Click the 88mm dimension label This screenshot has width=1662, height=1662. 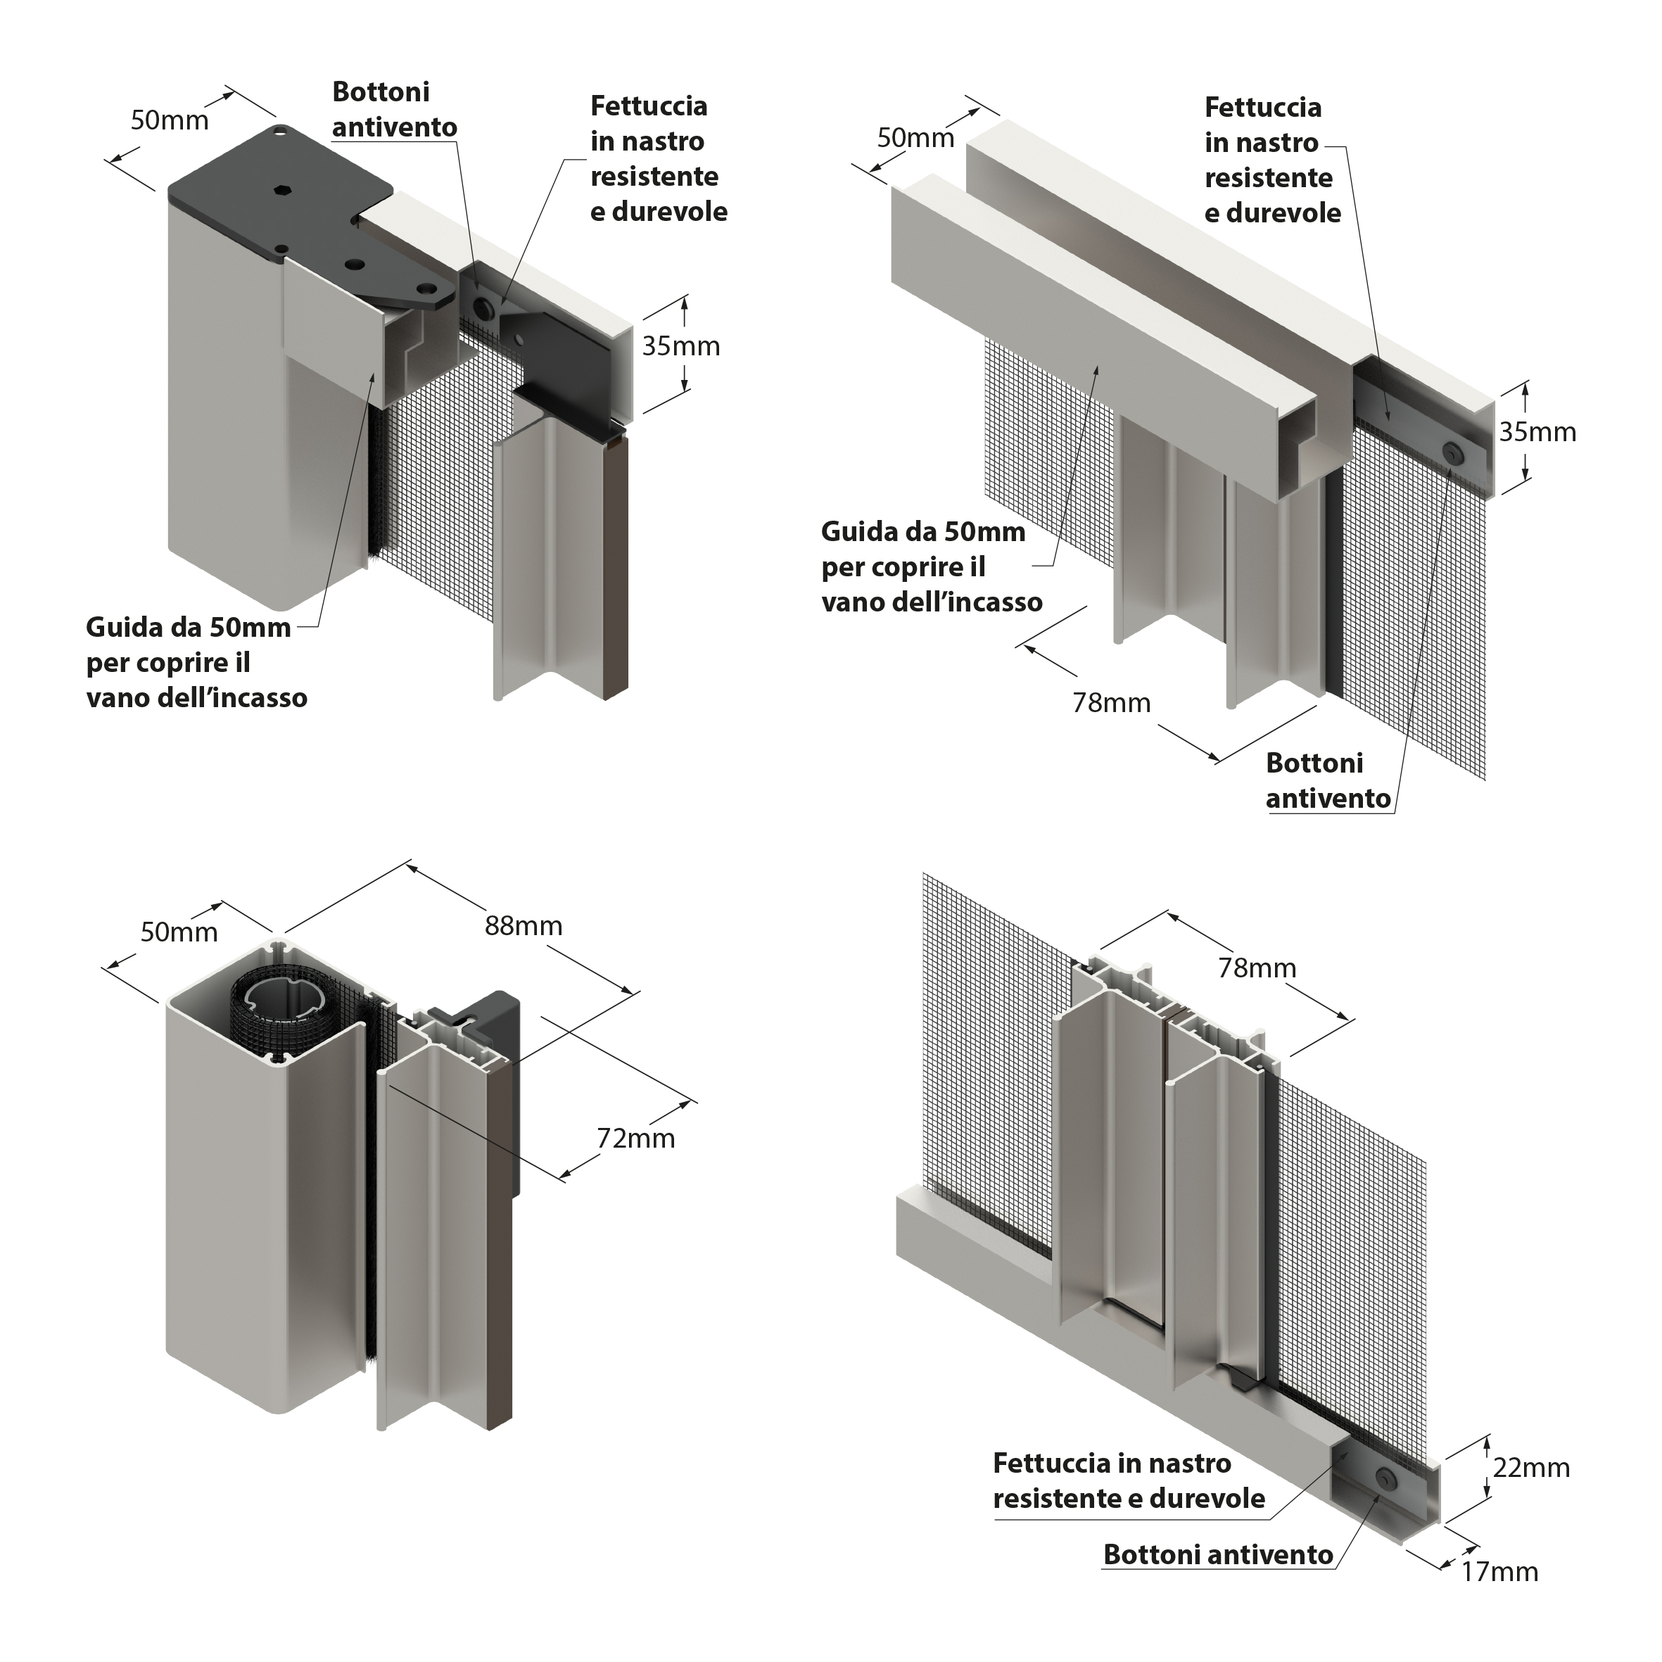[523, 927]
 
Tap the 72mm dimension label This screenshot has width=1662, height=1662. [635, 1139]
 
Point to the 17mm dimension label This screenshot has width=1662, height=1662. [1499, 1572]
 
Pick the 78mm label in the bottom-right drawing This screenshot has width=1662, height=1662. [1257, 969]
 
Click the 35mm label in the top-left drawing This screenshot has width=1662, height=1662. [681, 347]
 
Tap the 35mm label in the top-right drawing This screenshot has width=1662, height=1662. [1538, 433]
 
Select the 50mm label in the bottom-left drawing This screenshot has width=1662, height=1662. [179, 932]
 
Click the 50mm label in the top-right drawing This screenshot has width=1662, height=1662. [915, 139]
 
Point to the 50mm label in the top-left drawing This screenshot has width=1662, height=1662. [170, 120]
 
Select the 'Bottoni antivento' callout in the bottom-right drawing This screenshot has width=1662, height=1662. [1218, 1555]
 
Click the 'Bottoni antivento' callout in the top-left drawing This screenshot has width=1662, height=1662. [394, 109]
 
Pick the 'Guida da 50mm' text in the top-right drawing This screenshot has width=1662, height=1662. [923, 533]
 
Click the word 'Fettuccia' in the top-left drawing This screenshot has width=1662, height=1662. [649, 107]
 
